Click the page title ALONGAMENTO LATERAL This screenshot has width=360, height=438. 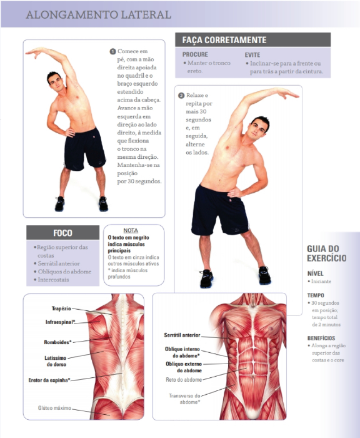(x=99, y=15)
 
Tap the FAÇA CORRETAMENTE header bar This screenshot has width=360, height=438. (x=253, y=40)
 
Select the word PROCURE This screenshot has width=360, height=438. (x=195, y=54)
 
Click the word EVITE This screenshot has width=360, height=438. (x=252, y=55)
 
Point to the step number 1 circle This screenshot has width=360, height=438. (x=112, y=51)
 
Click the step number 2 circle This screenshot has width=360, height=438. (x=181, y=96)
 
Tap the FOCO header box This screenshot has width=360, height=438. (x=62, y=233)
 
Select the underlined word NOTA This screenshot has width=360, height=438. (x=131, y=230)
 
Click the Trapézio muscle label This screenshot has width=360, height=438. (x=61, y=308)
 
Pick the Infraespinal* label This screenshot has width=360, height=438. (x=60, y=322)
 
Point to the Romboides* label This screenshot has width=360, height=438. (x=57, y=342)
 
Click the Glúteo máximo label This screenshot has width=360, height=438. (x=54, y=408)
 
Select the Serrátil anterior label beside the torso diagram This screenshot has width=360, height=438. (x=182, y=335)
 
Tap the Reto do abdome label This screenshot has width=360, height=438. (x=184, y=380)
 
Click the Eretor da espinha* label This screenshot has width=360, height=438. (x=49, y=380)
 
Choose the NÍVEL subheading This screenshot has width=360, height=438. (x=316, y=273)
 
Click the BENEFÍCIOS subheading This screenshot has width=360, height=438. (x=321, y=338)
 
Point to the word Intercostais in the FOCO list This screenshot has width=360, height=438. (x=53, y=280)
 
